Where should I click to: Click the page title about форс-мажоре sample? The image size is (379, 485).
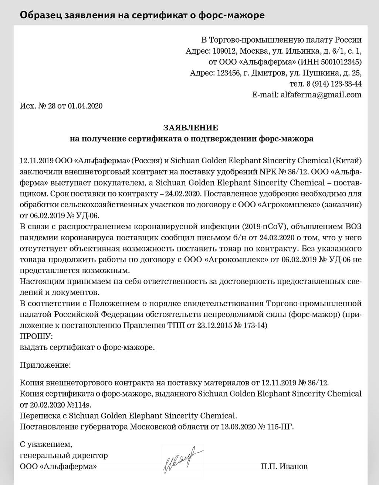142,15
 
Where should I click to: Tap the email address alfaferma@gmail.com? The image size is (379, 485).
321,95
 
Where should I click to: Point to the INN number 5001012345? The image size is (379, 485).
341,62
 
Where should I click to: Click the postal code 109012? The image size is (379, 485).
223,51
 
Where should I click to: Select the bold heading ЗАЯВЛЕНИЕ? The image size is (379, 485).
191,128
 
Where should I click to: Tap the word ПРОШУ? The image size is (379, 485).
36,337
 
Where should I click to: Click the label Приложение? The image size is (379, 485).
44,365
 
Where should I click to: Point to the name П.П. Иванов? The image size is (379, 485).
284,466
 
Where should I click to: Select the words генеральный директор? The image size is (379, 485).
64,455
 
